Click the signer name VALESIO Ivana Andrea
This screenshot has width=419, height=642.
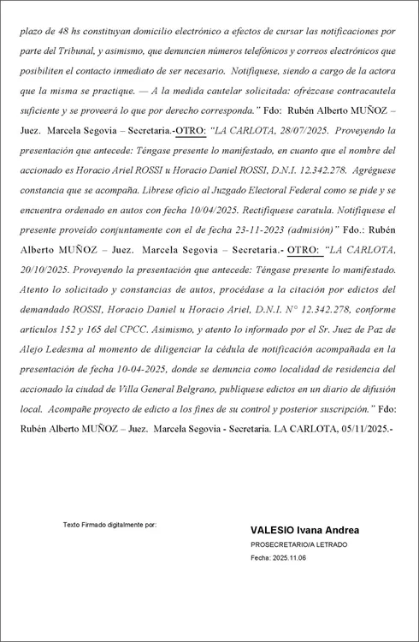click(x=304, y=531)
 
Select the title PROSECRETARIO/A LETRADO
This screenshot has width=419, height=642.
click(x=298, y=544)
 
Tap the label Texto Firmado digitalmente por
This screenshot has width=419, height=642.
click(x=109, y=524)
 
